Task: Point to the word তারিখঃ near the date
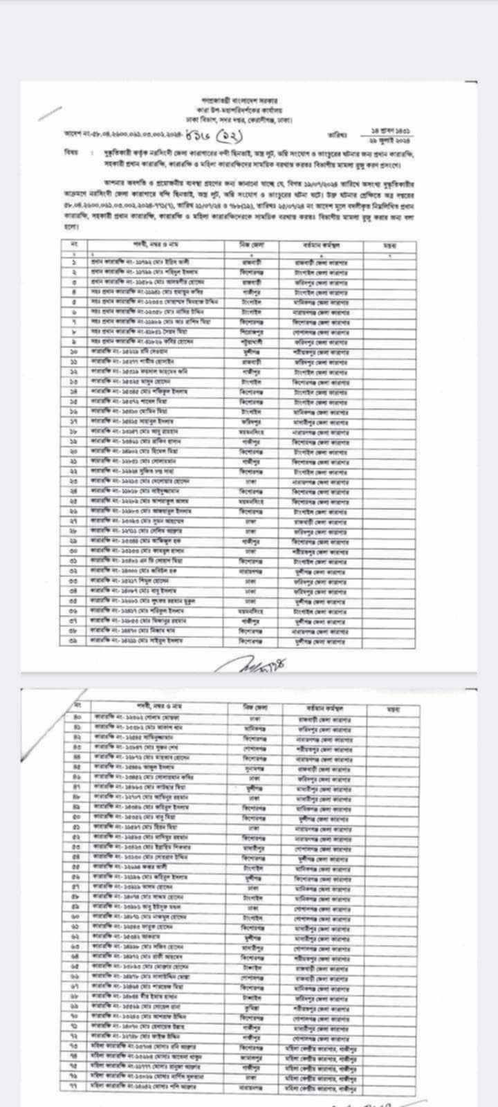click(x=339, y=134)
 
